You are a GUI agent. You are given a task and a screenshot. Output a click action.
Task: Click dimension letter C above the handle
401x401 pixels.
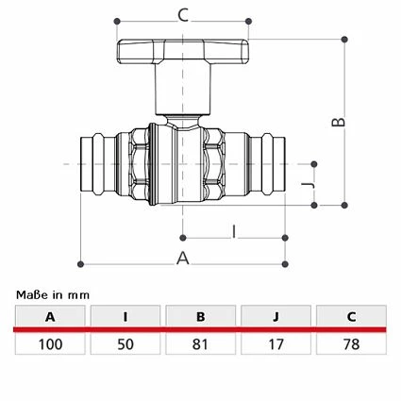click(183, 15)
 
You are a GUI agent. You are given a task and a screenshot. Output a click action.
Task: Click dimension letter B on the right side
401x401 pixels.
click(339, 122)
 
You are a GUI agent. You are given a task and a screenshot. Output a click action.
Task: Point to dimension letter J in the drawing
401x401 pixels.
click(309, 185)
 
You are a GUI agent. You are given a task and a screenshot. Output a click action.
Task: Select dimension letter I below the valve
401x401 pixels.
click(234, 232)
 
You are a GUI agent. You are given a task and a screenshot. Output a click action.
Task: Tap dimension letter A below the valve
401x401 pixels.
click(183, 259)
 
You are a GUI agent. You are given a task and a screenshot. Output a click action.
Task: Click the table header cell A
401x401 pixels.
click(50, 316)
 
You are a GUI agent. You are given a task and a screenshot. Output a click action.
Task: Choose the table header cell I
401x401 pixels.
click(125, 316)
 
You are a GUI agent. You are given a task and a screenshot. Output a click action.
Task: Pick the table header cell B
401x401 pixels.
click(201, 316)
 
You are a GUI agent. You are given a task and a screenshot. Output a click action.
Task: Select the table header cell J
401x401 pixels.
click(276, 316)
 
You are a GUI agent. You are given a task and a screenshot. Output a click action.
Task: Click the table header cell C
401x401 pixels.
click(351, 316)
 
